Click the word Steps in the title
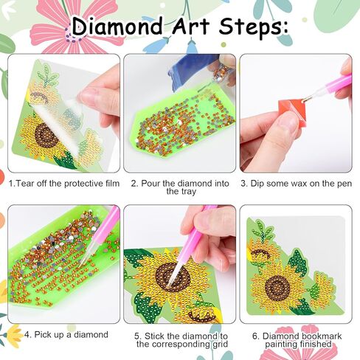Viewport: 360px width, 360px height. pyautogui.click(x=250, y=27)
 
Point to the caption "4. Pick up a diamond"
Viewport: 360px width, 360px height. pyautogui.click(x=66, y=334)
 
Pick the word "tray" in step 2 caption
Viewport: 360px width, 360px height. pyautogui.click(x=179, y=191)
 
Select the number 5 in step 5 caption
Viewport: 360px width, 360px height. pyautogui.click(x=137, y=334)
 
